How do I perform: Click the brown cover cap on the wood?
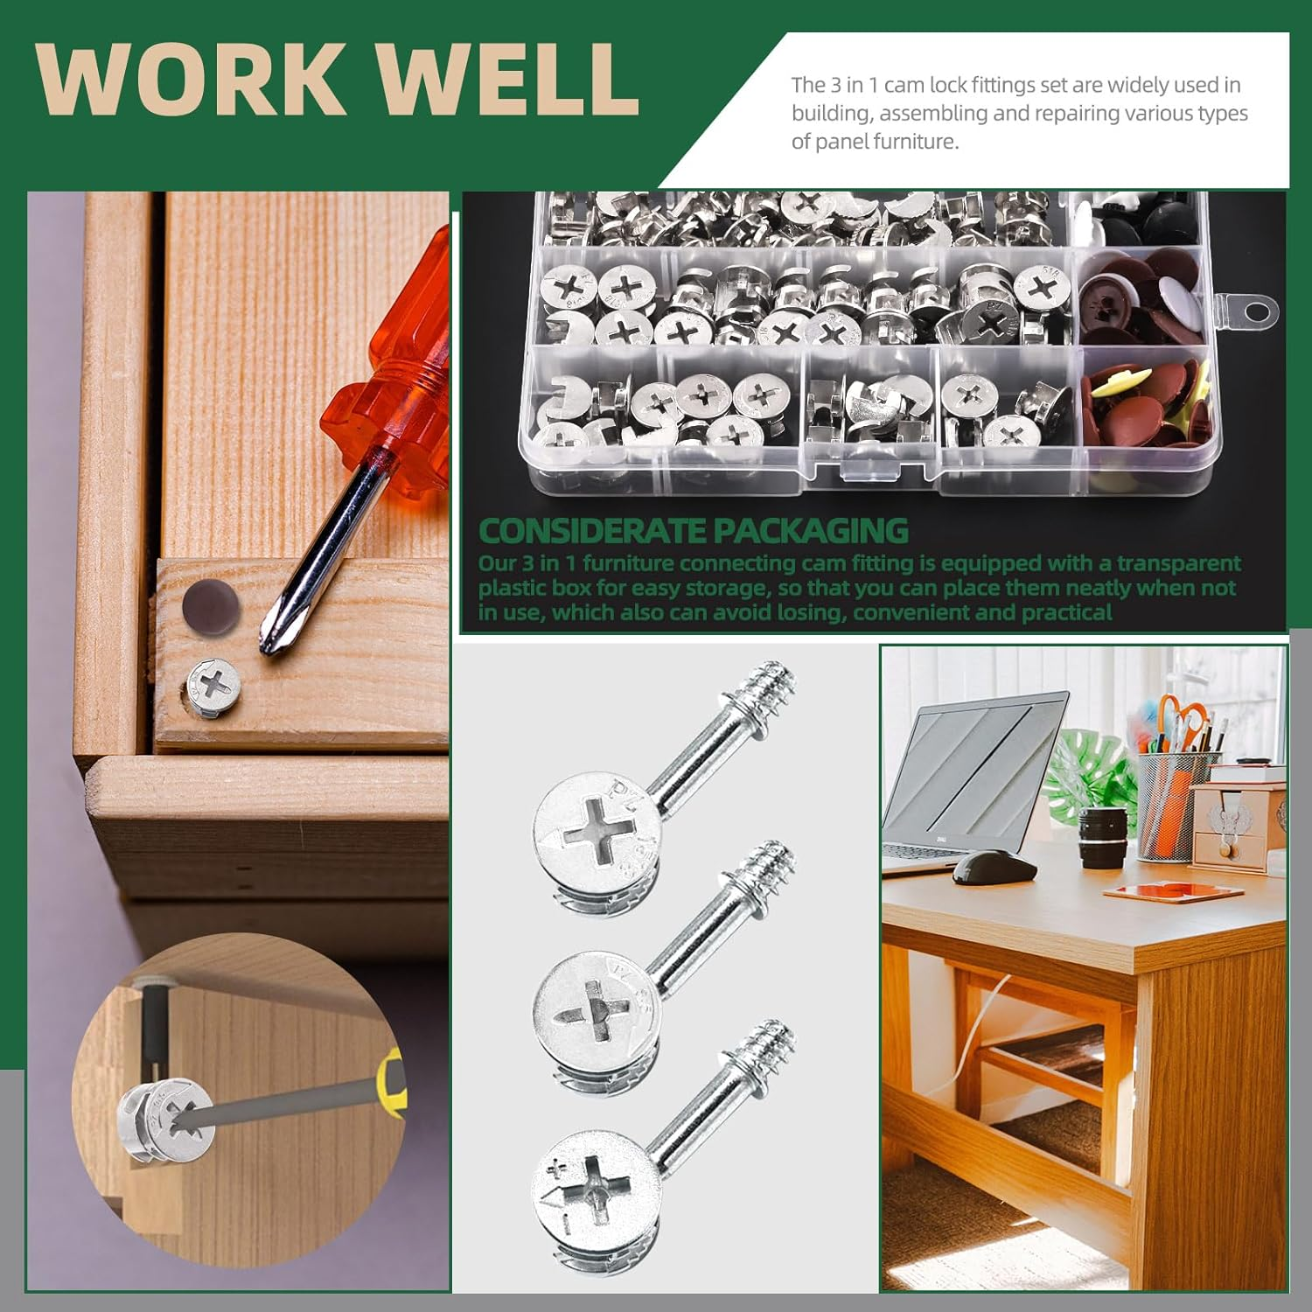(211, 603)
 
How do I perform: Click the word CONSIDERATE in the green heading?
(592, 531)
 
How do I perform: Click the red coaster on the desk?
(1173, 890)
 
